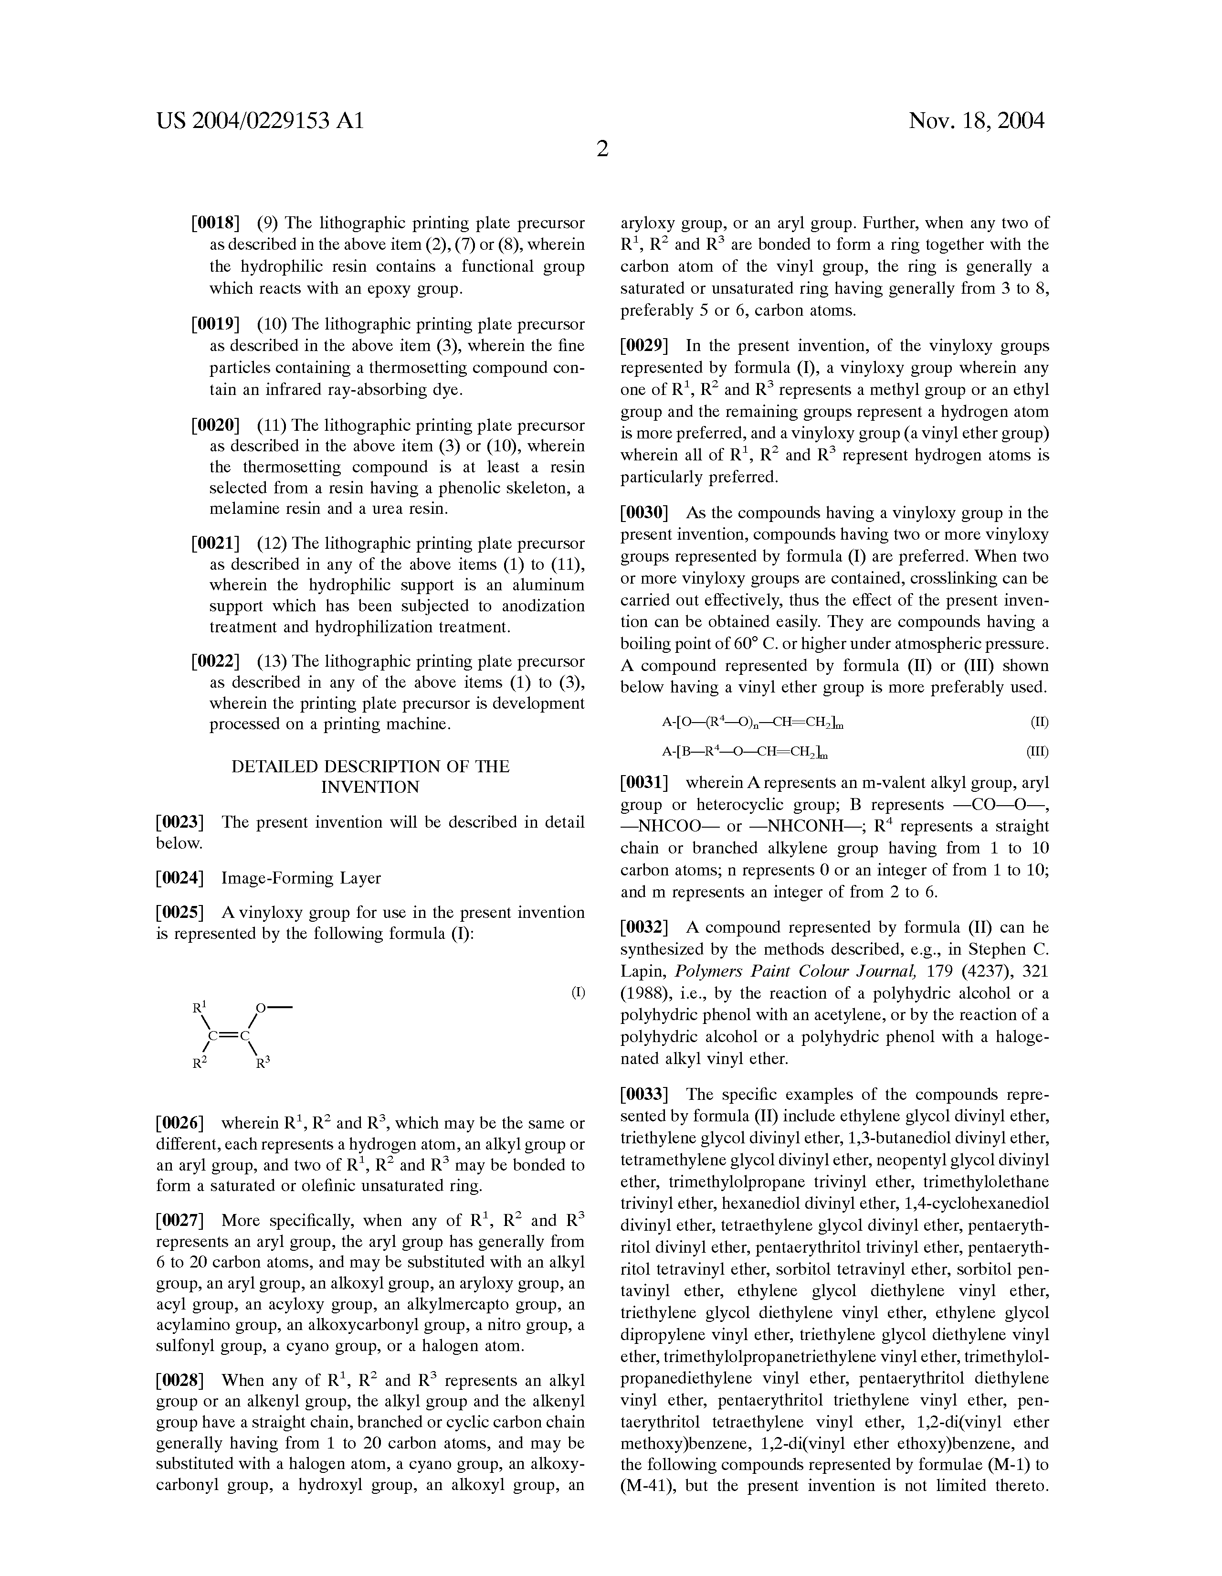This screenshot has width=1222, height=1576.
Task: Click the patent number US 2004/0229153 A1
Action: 260,120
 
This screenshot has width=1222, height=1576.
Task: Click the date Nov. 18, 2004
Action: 976,120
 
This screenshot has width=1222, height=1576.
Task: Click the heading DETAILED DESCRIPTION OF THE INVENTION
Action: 370,777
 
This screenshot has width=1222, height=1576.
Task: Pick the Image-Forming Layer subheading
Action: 301,878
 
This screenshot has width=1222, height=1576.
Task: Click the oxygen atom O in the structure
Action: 261,1007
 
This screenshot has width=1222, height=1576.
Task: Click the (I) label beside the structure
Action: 578,992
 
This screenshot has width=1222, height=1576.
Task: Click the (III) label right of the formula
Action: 1037,752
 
